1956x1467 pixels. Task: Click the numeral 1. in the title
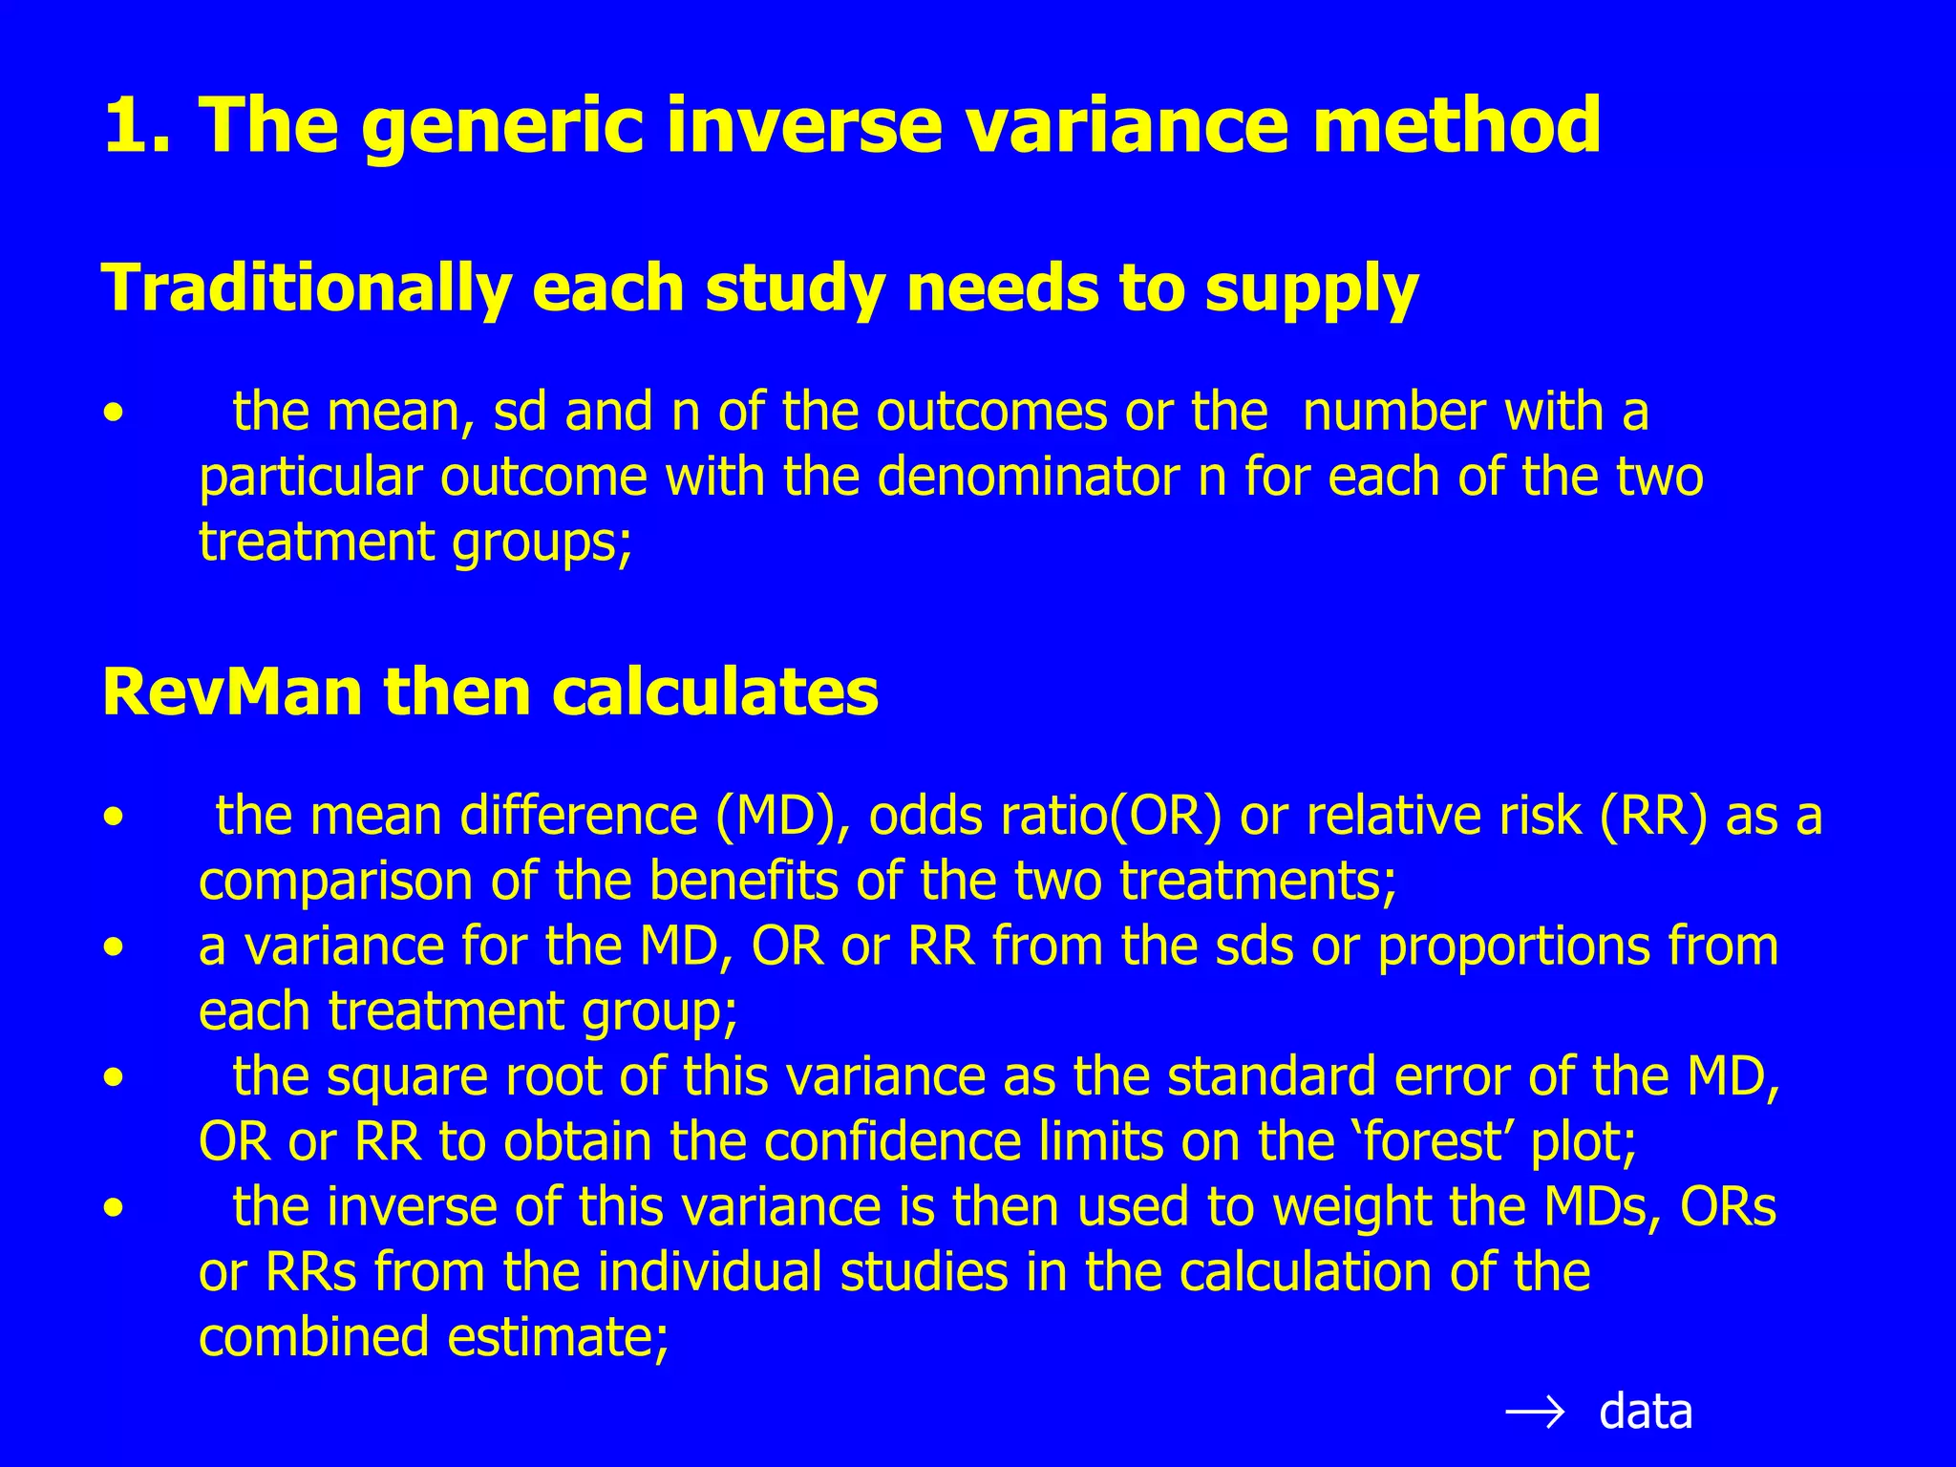tap(138, 125)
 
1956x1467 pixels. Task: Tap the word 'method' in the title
tap(1456, 125)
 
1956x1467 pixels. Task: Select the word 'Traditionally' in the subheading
tap(306, 288)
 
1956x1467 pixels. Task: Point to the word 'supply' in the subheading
tap(1311, 288)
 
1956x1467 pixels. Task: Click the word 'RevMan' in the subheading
tap(232, 692)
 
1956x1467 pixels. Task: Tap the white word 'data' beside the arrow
tap(1645, 1413)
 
